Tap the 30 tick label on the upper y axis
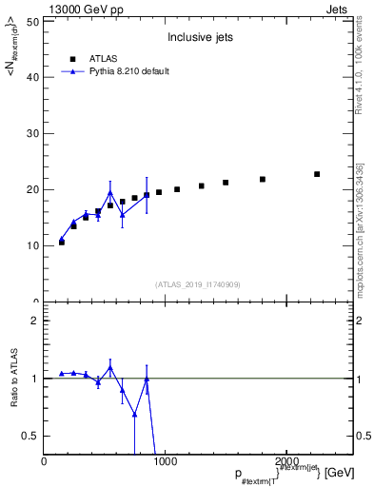(x=33, y=133)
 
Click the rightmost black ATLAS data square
(x=317, y=174)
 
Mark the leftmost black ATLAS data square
(x=62, y=243)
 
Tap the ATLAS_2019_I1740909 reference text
(x=198, y=284)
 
